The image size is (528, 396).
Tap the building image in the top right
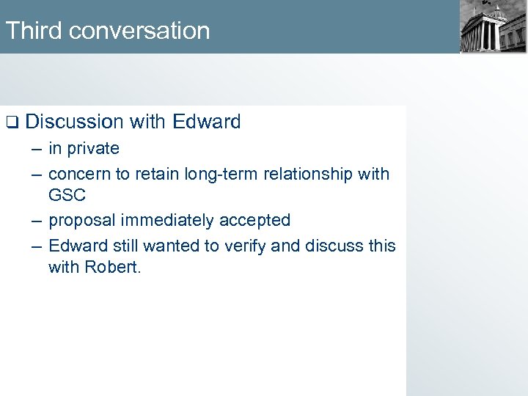click(492, 27)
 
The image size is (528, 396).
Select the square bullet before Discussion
click(11, 122)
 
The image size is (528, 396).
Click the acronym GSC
click(67, 195)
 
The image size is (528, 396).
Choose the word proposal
click(82, 220)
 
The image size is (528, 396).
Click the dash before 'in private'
click(37, 149)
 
